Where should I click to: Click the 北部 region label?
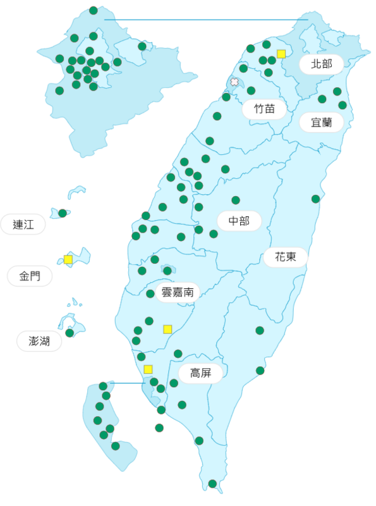pos(321,64)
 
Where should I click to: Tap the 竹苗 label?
pos(265,108)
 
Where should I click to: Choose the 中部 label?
pos(240,221)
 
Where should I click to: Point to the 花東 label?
pos(285,257)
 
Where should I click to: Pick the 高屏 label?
pos(201,373)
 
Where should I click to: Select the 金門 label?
pos(29,276)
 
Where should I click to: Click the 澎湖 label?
pos(39,341)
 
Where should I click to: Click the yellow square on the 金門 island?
pos(68,259)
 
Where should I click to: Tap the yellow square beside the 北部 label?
pos(281,54)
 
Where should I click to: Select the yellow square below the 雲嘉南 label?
pos(167,329)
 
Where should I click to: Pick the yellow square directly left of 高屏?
pos(148,369)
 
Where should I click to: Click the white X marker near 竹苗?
pos(234,82)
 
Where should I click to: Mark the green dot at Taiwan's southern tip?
pos(212,484)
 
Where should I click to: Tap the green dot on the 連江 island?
pos(63,213)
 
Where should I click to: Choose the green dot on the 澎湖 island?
pos(70,333)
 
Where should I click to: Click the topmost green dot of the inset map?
pos(94,10)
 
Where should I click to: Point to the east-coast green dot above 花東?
pos(315,199)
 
